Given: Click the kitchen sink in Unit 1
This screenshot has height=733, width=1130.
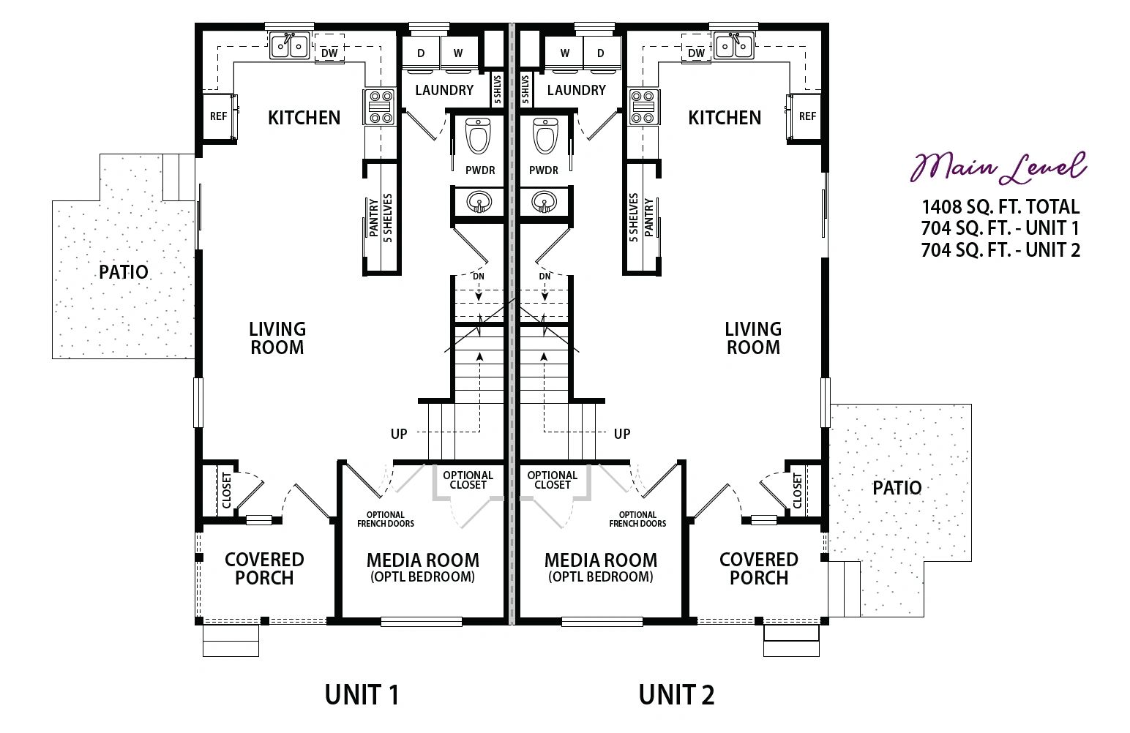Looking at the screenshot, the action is [x=290, y=46].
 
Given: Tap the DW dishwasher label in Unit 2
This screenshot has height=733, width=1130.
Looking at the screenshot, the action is [x=696, y=53].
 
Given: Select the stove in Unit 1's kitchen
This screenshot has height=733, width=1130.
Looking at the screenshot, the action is [x=379, y=107].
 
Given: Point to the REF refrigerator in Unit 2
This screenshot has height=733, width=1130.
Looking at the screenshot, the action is [x=807, y=116].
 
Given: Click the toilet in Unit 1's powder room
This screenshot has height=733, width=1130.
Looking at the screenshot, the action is [x=477, y=136].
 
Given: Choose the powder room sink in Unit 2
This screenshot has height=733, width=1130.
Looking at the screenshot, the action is [x=545, y=203].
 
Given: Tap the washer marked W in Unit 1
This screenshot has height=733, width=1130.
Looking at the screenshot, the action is [x=459, y=53].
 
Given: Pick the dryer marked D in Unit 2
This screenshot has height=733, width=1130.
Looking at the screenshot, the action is [x=601, y=53].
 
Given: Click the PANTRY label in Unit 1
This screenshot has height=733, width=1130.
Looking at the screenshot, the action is [x=374, y=217].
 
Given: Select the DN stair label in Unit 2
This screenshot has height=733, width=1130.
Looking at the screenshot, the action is [x=545, y=277].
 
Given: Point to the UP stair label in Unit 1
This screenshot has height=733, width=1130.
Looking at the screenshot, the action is [x=399, y=434].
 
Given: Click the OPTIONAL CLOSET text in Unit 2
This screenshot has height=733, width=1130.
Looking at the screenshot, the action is [x=553, y=480].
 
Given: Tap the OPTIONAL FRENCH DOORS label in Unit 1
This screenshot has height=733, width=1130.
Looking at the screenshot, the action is [x=386, y=519].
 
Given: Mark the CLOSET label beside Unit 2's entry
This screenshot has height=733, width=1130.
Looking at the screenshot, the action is [x=797, y=491].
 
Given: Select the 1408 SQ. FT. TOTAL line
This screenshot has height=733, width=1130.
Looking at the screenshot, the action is [x=1001, y=207].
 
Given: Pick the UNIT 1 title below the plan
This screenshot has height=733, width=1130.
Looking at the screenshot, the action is [x=362, y=695].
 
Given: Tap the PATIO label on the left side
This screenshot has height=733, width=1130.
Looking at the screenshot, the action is [x=124, y=272].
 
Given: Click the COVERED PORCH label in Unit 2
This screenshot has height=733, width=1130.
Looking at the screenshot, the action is [x=759, y=568].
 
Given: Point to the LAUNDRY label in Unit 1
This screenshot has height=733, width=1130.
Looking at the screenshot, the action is [x=444, y=90].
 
